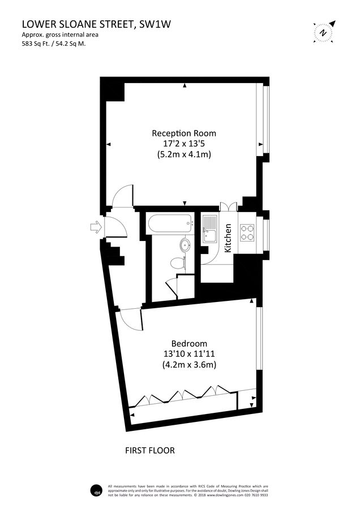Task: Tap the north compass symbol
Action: (323, 32)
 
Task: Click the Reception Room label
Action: (184, 133)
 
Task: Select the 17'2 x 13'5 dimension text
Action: (184, 144)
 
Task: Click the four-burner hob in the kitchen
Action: (248, 232)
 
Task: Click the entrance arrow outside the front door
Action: (95, 227)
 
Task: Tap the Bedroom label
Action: (189, 343)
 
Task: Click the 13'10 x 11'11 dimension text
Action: (189, 354)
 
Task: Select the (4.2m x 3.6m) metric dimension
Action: (189, 365)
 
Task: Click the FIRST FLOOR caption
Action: (149, 451)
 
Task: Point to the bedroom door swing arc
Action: (132, 320)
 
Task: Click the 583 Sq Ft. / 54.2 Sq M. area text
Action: (54, 43)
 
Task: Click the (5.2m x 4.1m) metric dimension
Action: (184, 154)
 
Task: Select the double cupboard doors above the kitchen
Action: (228, 206)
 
